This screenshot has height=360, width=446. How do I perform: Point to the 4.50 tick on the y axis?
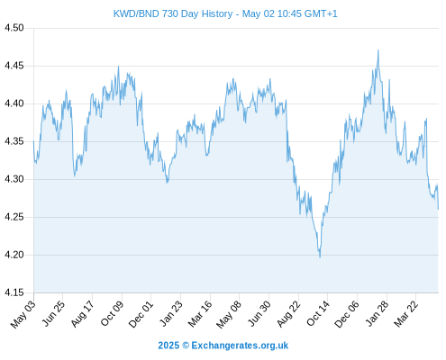14,28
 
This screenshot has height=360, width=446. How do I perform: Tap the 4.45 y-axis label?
14,66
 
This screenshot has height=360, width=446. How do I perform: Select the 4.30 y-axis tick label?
14,179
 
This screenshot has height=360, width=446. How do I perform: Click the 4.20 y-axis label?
14,255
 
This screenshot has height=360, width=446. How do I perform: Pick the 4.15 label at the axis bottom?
14,292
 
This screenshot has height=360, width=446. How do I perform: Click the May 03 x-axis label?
23,314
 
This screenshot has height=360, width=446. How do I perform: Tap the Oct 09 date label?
112,313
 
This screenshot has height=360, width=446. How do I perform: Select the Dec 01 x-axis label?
141,314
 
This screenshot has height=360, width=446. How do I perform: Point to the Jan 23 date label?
171,313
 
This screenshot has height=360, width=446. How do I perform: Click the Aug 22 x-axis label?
288,314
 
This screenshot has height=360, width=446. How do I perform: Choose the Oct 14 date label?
318,313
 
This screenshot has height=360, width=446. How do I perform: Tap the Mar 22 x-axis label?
405,314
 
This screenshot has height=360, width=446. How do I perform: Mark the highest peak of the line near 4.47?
378,50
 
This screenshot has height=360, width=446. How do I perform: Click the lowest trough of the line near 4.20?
320,257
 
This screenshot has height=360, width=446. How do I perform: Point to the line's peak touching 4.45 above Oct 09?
118,67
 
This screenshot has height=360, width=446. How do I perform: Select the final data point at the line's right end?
438,209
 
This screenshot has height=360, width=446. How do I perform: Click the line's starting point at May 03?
33,141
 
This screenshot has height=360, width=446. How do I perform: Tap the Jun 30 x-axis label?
259,313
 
